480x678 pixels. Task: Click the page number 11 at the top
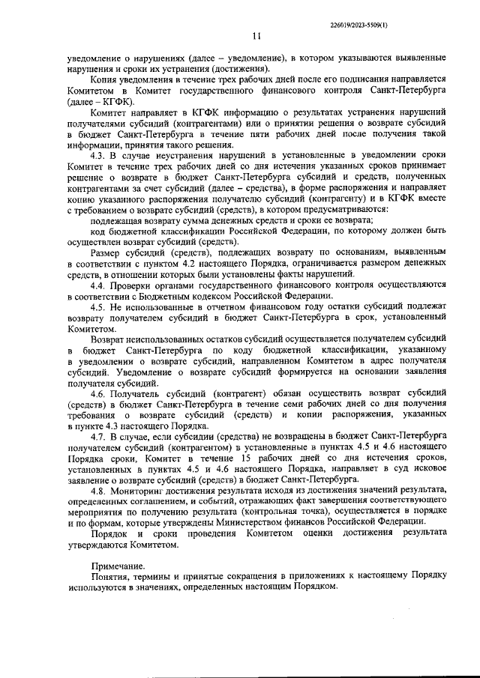(257, 36)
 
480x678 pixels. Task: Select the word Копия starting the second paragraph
(105, 79)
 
